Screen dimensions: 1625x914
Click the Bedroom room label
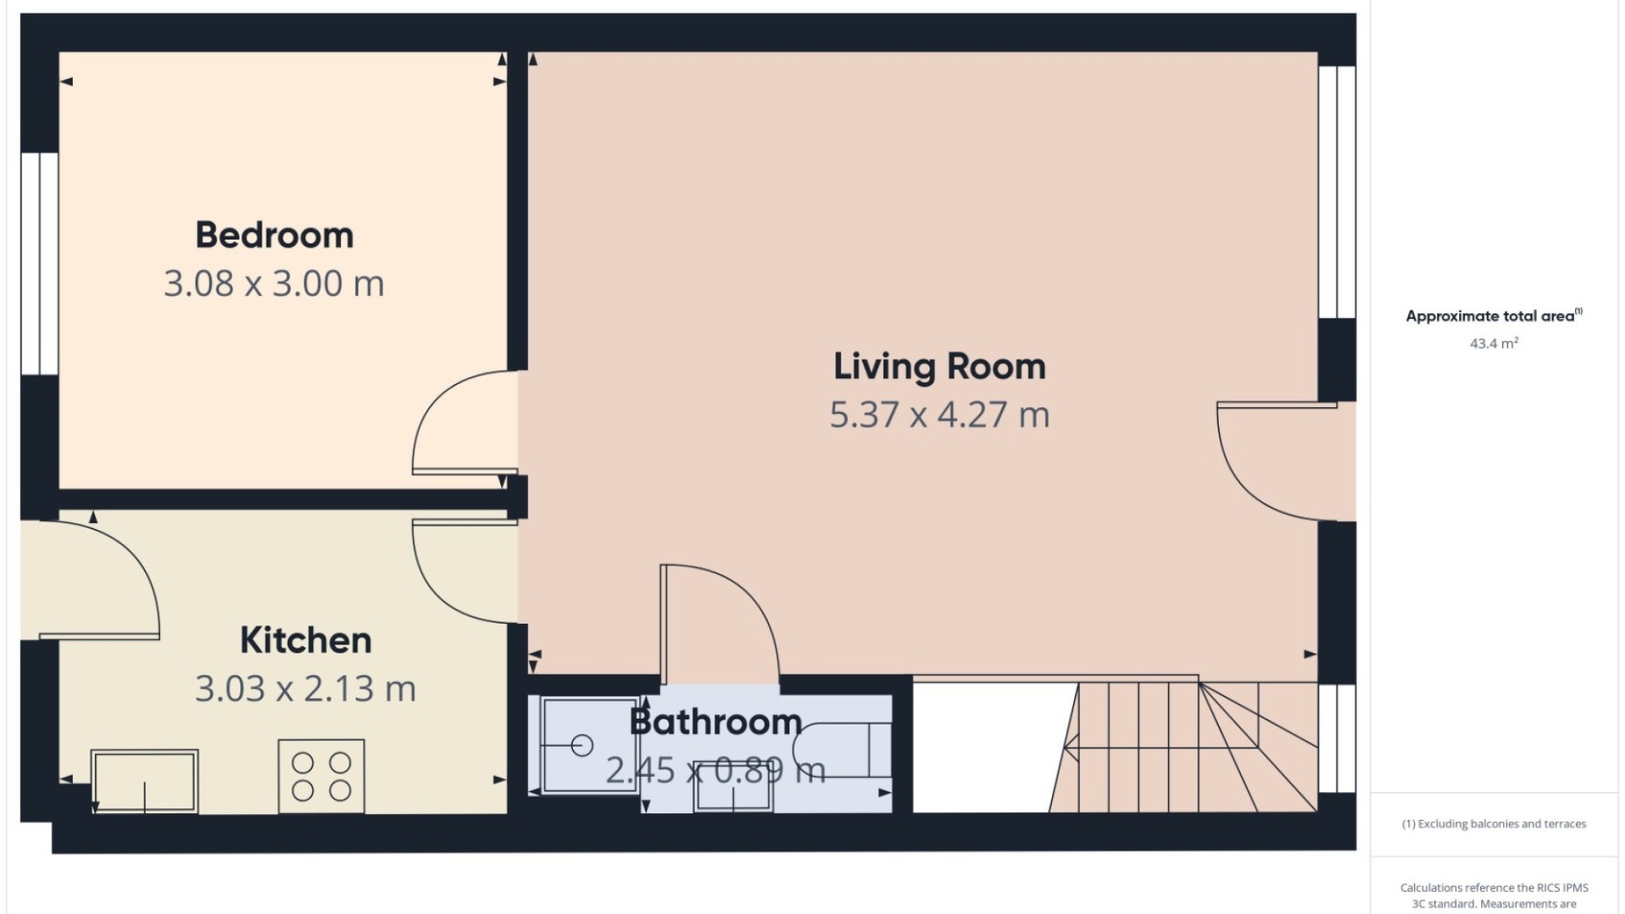pyautogui.click(x=274, y=235)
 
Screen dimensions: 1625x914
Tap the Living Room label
pyautogui.click(x=939, y=367)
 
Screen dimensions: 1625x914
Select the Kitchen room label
pyautogui.click(x=306, y=641)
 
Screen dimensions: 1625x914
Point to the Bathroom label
pyautogui.click(x=716, y=722)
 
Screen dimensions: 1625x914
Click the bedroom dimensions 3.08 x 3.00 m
pyautogui.click(x=274, y=284)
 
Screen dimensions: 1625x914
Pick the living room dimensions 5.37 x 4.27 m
pyautogui.click(x=939, y=415)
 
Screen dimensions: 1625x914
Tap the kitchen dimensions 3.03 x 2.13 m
pyautogui.click(x=306, y=689)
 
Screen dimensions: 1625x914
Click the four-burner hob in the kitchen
pyautogui.click(x=322, y=777)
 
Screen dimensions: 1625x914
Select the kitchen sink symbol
pyautogui.click(x=145, y=781)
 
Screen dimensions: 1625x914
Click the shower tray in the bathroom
pyautogui.click(x=589, y=745)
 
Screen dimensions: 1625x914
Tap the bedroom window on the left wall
pyautogui.click(x=39, y=263)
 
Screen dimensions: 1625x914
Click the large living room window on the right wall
pyautogui.click(x=1337, y=192)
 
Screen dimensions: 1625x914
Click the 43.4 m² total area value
pyautogui.click(x=1494, y=343)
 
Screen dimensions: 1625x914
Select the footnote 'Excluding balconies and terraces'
pyautogui.click(x=1494, y=823)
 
